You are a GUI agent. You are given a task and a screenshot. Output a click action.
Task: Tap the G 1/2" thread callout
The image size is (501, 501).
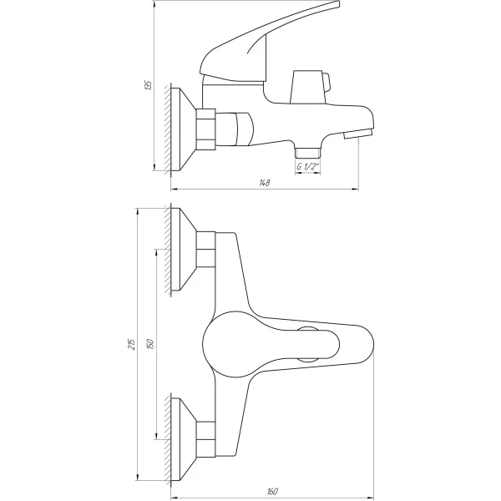coord(308,167)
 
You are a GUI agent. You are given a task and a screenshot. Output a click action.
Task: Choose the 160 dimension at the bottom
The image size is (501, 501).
coord(273,490)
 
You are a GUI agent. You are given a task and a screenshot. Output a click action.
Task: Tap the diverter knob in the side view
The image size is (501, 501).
coord(308,86)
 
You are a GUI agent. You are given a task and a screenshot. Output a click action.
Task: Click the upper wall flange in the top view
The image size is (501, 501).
coord(185,248)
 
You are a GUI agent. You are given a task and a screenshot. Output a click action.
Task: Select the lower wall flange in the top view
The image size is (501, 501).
coord(185,435)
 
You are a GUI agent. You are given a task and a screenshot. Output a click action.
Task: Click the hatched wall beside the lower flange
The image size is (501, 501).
coord(169,435)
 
